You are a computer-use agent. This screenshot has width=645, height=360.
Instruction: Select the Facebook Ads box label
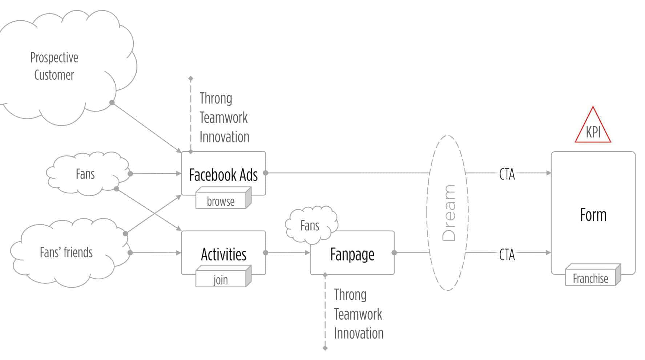pyautogui.click(x=223, y=175)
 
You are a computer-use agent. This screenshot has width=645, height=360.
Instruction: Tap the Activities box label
pyautogui.click(x=223, y=254)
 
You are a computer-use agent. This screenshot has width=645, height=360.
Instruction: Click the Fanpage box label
pyautogui.click(x=352, y=254)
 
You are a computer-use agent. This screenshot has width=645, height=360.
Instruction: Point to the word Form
pyautogui.click(x=593, y=215)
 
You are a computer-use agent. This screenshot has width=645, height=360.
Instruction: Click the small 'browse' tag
pyautogui.click(x=221, y=201)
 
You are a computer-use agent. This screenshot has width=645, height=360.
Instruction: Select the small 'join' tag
pyautogui.click(x=221, y=280)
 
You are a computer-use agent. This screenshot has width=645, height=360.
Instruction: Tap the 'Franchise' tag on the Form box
pyautogui.click(x=590, y=278)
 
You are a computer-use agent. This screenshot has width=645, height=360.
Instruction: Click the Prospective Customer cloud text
pyautogui.click(x=54, y=66)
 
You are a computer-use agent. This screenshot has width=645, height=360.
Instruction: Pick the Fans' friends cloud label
pyautogui.click(x=66, y=252)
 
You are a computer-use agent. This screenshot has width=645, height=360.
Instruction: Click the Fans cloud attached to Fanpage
pyautogui.click(x=310, y=226)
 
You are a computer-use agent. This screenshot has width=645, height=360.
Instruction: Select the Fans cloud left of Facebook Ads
pyautogui.click(x=85, y=174)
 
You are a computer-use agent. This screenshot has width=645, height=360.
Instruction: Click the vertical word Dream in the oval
pyautogui.click(x=449, y=213)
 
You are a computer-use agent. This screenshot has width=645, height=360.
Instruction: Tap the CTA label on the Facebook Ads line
pyautogui.click(x=507, y=174)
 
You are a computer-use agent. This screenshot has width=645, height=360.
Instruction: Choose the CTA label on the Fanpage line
pyautogui.click(x=507, y=255)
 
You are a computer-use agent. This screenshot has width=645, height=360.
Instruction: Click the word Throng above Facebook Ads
pyautogui.click(x=216, y=98)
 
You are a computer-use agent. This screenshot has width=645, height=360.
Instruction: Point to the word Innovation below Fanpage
pyautogui.click(x=359, y=333)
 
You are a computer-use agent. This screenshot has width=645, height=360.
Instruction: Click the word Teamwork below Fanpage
pyautogui.click(x=358, y=314)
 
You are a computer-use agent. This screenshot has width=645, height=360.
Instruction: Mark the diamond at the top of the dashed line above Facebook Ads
pyautogui.click(x=191, y=78)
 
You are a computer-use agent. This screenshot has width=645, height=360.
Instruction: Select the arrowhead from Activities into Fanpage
pyautogui.click(x=307, y=252)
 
